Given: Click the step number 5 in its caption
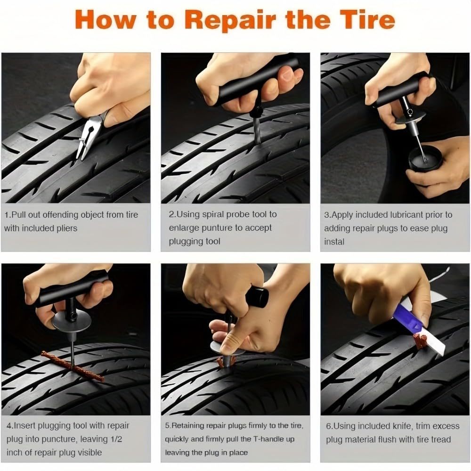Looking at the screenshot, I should point(167,426).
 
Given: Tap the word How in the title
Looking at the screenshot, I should point(101,20).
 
